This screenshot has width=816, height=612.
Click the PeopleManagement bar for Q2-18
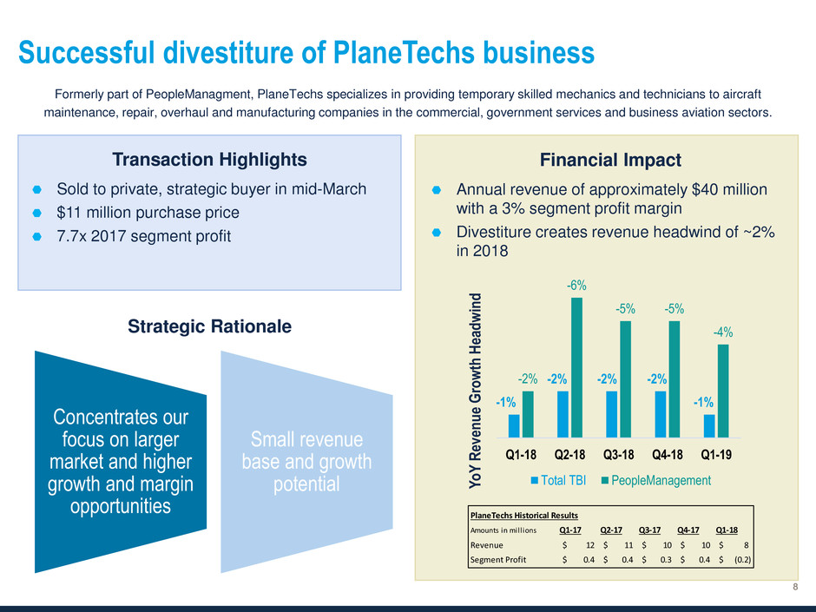click(x=576, y=367)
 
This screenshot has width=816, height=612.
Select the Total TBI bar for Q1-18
click(x=514, y=425)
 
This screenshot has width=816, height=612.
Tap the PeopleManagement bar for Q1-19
click(x=723, y=391)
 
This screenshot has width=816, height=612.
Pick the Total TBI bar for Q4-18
click(x=661, y=414)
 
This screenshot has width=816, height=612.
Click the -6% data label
click(x=576, y=286)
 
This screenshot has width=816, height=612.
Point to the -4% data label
click(x=723, y=332)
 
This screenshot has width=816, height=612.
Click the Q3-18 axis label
click(x=618, y=455)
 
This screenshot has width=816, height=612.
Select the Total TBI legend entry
click(x=558, y=480)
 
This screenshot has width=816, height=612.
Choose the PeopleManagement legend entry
click(x=656, y=480)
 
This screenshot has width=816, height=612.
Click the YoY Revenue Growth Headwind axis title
click(x=475, y=391)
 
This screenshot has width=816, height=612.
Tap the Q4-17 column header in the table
click(x=688, y=530)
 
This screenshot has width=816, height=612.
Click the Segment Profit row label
click(x=498, y=560)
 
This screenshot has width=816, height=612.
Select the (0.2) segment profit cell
click(x=742, y=560)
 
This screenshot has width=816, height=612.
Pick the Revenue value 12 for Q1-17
click(x=589, y=545)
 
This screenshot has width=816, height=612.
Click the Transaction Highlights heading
click(x=210, y=159)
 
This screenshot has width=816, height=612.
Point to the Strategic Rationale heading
click(x=210, y=326)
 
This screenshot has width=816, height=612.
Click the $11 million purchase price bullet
click(x=148, y=213)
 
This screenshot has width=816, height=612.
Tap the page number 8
click(x=795, y=587)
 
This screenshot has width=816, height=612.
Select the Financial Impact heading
click(x=610, y=160)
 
